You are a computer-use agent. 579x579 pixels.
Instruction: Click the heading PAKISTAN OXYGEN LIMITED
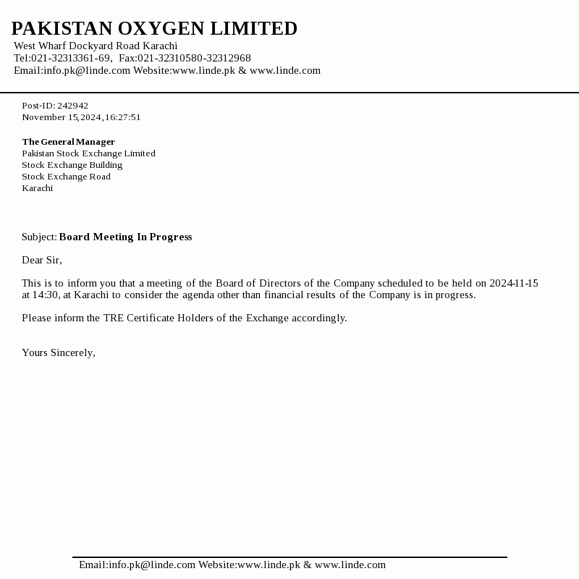click(154, 29)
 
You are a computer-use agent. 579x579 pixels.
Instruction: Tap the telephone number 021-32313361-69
click(70, 58)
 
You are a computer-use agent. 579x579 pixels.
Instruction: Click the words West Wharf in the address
click(40, 46)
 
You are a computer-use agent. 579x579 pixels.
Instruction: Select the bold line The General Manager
click(68, 142)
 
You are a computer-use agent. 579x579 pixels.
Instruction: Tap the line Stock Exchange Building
click(72, 165)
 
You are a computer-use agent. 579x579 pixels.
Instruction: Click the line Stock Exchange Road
click(66, 177)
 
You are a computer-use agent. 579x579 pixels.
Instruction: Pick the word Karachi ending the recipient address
click(37, 188)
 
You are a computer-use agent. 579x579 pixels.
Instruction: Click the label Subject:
click(39, 237)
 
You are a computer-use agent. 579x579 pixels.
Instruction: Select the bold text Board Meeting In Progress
click(125, 237)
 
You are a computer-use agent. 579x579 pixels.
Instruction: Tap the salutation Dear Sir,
click(42, 260)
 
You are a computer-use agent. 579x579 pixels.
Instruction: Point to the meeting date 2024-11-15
click(514, 283)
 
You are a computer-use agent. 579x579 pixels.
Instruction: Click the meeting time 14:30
click(45, 295)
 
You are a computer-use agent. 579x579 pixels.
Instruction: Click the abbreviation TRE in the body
click(114, 318)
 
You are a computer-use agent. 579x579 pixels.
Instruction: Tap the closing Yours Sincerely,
click(59, 352)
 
